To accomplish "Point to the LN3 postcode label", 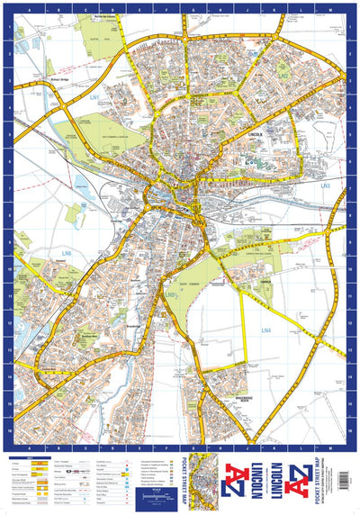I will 325,186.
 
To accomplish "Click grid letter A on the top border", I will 31,9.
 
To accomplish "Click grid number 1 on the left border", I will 9,28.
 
